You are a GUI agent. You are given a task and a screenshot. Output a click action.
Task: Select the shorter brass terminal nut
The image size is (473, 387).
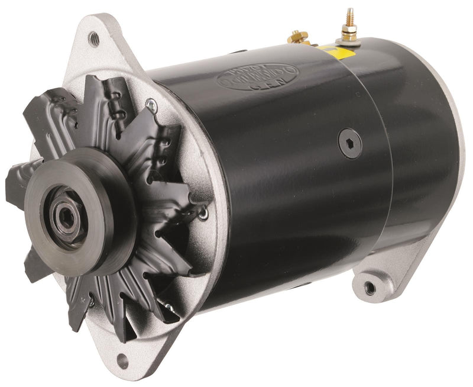point(295,38)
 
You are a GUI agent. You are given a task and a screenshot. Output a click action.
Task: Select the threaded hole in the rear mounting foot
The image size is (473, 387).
point(370,288)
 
